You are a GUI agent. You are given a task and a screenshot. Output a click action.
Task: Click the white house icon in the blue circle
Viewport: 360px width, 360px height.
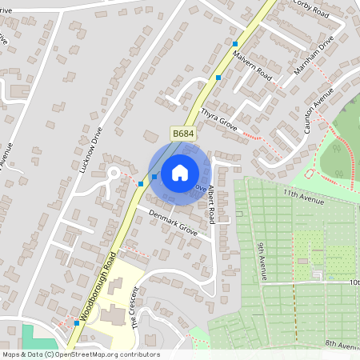point(180,173)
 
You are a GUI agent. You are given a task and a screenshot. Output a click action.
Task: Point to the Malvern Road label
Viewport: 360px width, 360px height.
point(253,66)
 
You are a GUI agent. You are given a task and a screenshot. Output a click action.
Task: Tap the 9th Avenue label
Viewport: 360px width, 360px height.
point(261,262)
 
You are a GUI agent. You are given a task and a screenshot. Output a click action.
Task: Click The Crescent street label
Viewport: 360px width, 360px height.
point(135,306)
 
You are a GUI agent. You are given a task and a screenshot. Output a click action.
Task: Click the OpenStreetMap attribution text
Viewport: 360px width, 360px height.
point(80,354)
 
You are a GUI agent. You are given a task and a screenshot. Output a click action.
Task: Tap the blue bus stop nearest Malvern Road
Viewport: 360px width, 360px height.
point(218,78)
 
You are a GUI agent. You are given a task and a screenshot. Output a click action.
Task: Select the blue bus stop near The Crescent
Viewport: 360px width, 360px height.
point(77,323)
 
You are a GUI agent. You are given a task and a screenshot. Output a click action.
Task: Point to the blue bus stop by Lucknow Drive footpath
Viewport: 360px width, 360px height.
point(141,184)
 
